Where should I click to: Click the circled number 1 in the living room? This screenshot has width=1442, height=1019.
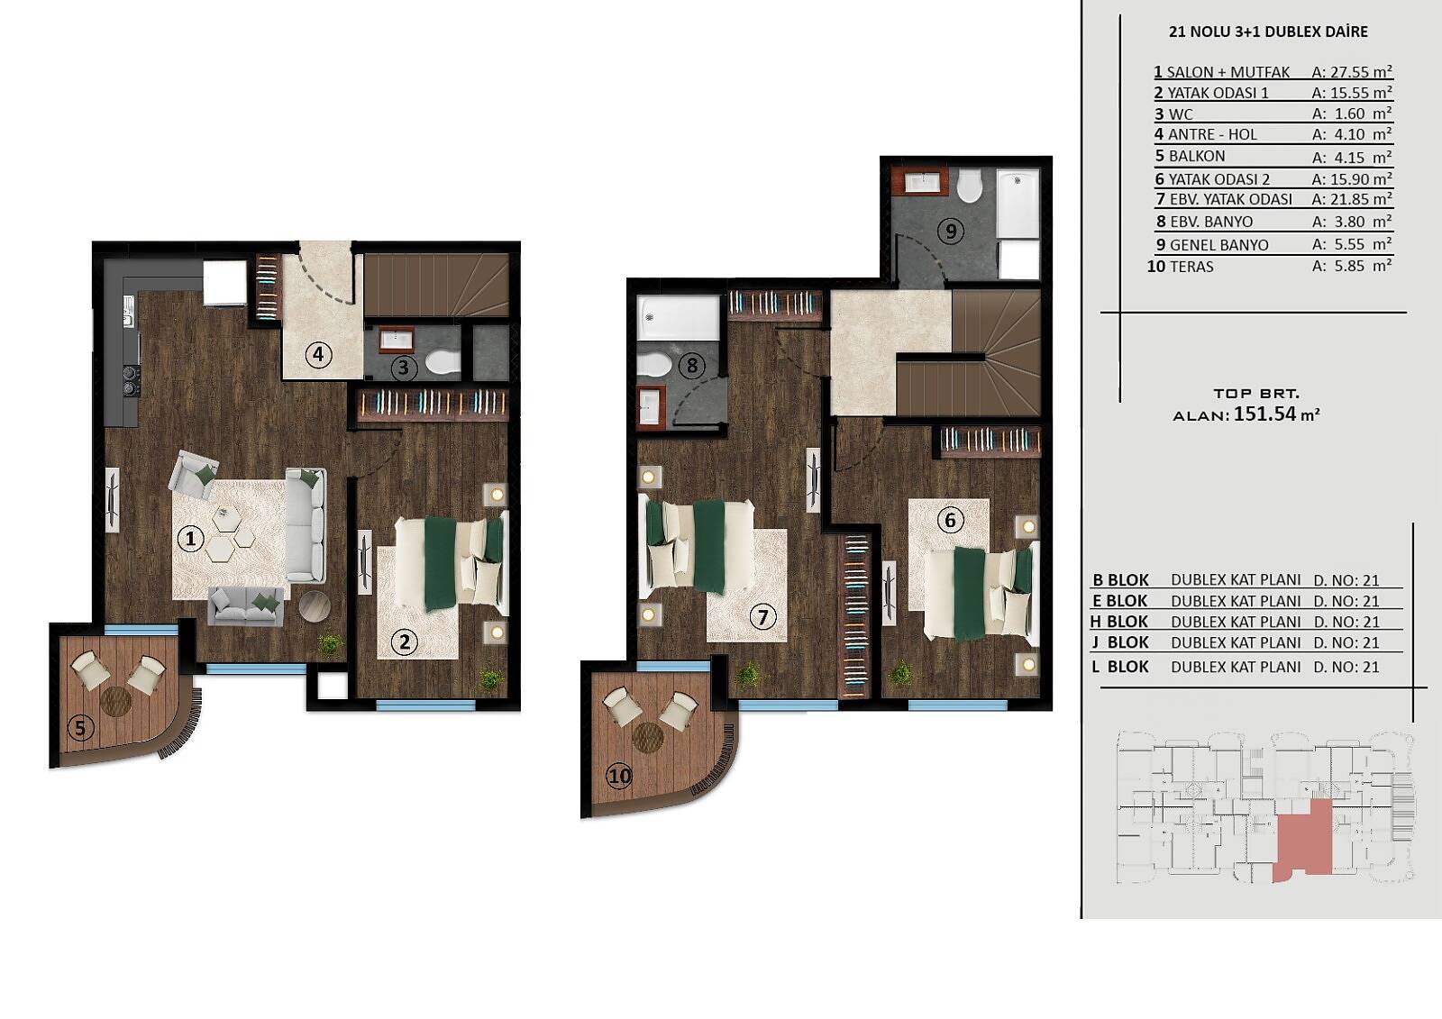(190, 539)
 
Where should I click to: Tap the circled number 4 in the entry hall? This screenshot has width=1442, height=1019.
(318, 355)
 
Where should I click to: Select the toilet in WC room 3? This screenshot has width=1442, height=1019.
(443, 362)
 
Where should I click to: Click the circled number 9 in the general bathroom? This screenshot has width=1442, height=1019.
(951, 231)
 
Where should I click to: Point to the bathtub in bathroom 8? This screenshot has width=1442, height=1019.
(678, 318)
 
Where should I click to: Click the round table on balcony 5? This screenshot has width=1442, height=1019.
(116, 701)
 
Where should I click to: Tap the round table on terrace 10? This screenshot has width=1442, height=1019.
(648, 737)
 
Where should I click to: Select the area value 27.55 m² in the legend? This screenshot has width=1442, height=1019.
(1352, 71)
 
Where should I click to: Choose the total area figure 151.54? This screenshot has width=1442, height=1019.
(1264, 414)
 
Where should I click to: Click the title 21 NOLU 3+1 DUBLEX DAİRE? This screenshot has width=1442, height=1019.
(1268, 32)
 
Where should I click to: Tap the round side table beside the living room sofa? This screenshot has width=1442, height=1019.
(315, 606)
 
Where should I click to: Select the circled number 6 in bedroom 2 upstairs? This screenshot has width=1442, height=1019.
(950, 520)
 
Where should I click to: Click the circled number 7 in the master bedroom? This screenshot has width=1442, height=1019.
(762, 617)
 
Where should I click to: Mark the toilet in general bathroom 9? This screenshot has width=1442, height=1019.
(970, 184)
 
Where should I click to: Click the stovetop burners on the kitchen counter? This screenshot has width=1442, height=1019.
(132, 380)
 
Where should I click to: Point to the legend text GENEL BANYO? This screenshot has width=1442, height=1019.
(1218, 244)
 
